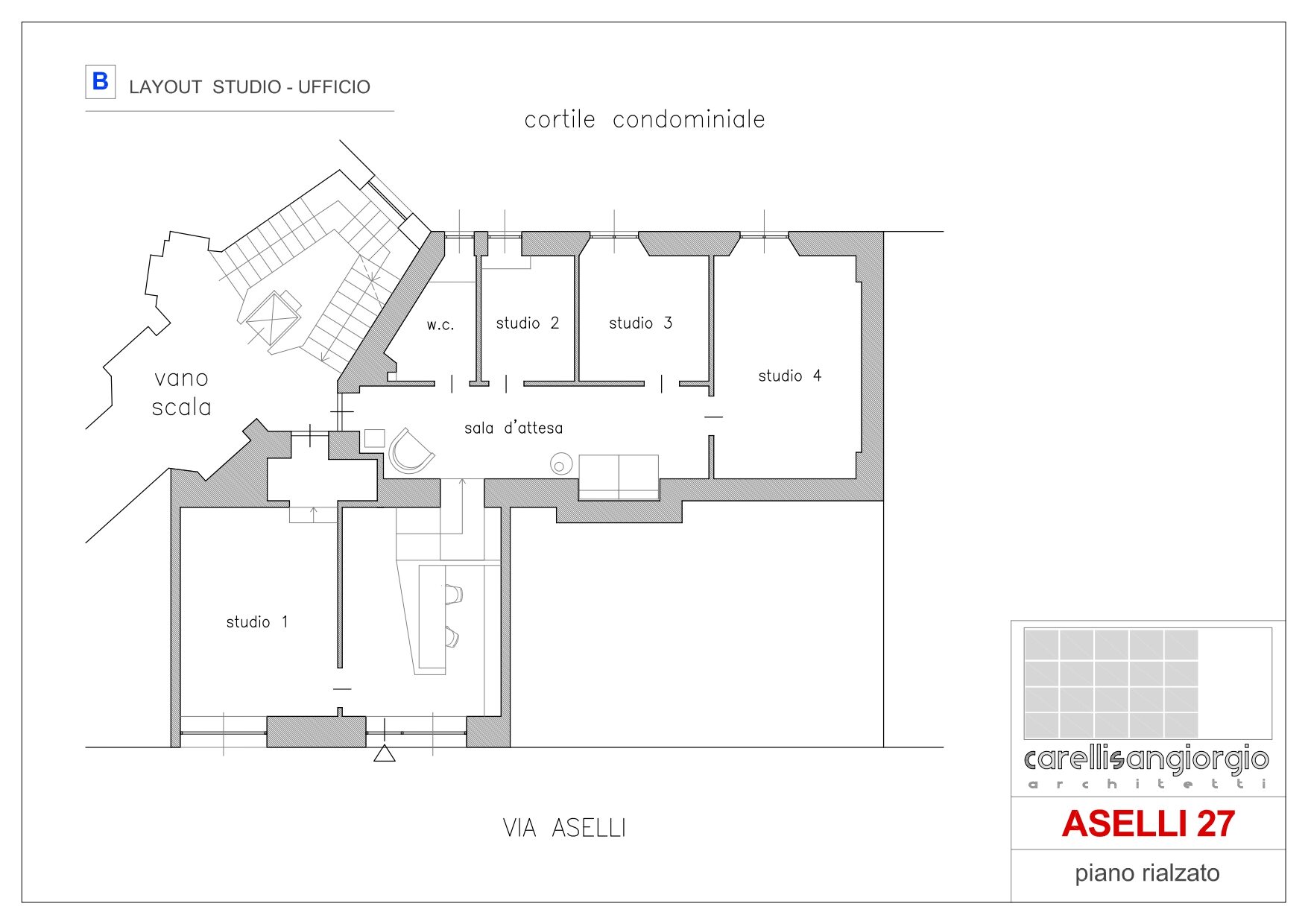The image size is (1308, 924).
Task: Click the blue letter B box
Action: coord(101,81)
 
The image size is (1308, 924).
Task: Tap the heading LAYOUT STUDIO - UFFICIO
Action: coord(250,87)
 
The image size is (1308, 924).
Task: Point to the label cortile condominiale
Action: coord(645,119)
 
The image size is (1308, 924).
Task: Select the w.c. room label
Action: coord(440,325)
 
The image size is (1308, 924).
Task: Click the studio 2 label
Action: coord(528,323)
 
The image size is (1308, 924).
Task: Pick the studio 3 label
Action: coord(641,323)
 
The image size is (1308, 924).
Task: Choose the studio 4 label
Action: coord(790,376)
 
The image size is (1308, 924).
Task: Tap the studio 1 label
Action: coord(257,621)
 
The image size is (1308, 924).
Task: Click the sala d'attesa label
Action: coord(514,428)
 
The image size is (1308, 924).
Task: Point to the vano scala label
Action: coord(182,393)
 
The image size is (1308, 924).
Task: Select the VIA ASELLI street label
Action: coord(564,828)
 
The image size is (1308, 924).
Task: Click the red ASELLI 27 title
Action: coord(1149,823)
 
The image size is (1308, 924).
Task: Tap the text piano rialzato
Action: coord(1147,873)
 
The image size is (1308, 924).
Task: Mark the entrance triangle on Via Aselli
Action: coord(384,754)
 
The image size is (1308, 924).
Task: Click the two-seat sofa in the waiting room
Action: coord(619,477)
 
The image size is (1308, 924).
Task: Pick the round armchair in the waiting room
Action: coord(411,452)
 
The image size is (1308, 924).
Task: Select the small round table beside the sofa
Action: coord(560,464)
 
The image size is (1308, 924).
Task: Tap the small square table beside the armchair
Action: coord(374,438)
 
